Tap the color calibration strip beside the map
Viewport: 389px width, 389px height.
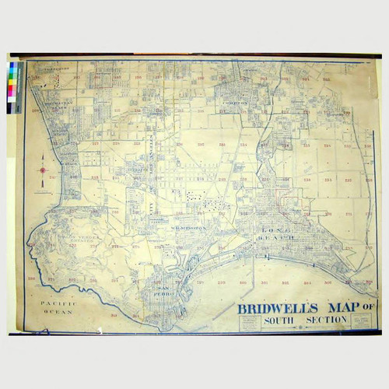[x=16, y=88]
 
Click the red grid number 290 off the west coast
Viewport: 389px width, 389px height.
[x=31, y=278]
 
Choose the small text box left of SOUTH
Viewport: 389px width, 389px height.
[x=251, y=322]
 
